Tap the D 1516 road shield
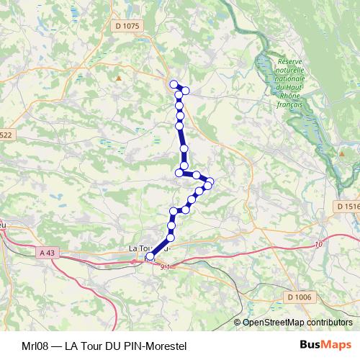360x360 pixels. coord(346,206)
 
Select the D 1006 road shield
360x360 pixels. coord(298,297)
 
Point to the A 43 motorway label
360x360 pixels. coord(48,252)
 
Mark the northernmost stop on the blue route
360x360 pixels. coord(173,84)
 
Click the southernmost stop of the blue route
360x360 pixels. coord(150,256)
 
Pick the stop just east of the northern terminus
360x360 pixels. coord(186,90)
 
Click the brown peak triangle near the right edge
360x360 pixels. coord(341,152)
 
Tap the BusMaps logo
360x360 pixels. coord(325,346)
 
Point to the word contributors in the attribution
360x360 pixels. coord(328,322)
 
